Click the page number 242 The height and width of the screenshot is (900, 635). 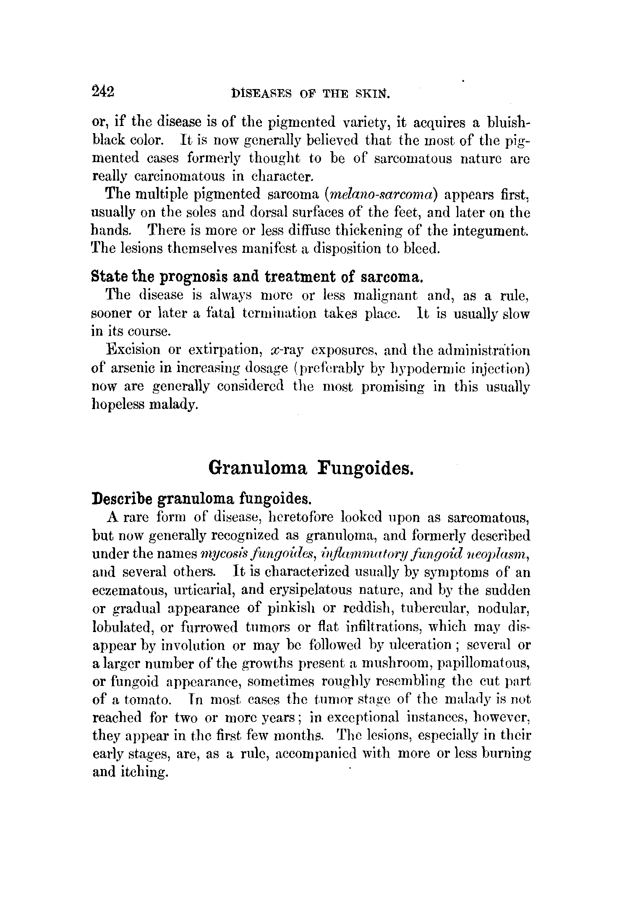[102, 91]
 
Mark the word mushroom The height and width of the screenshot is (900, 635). [387, 663]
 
